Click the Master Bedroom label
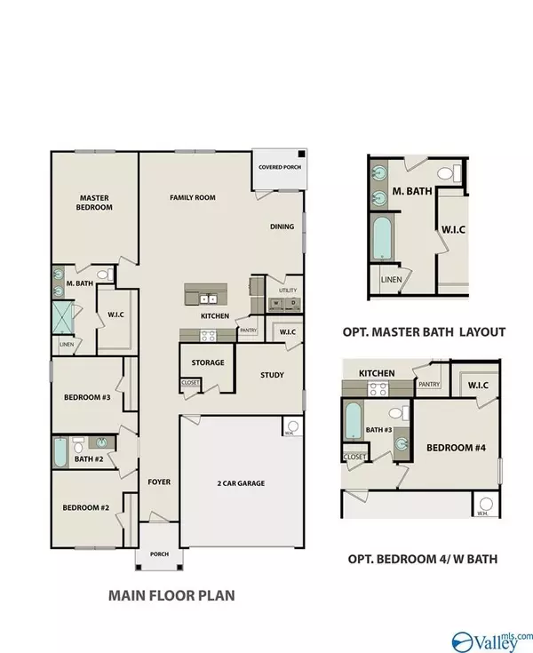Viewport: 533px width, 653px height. [94, 203]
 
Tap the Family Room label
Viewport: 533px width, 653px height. [193, 197]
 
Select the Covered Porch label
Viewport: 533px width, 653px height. [280, 167]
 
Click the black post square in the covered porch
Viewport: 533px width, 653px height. [301, 154]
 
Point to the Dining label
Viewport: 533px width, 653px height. [282, 227]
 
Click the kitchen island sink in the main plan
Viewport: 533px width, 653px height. [208, 299]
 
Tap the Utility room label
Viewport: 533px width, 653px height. [288, 290]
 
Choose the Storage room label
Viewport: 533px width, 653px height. [208, 362]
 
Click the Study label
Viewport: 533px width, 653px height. [272, 375]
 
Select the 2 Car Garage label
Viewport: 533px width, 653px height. [241, 483]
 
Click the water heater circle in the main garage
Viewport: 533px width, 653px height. [293, 426]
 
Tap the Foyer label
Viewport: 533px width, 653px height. [159, 482]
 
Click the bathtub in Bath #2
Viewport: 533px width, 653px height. [60, 452]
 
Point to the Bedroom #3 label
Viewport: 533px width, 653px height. [87, 397]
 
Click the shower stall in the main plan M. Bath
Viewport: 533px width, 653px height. [63, 317]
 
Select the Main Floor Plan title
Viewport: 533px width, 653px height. [171, 595]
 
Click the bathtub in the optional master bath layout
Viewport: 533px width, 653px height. [383, 237]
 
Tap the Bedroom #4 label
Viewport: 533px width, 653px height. [456, 448]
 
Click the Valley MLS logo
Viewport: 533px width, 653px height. [491, 641]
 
